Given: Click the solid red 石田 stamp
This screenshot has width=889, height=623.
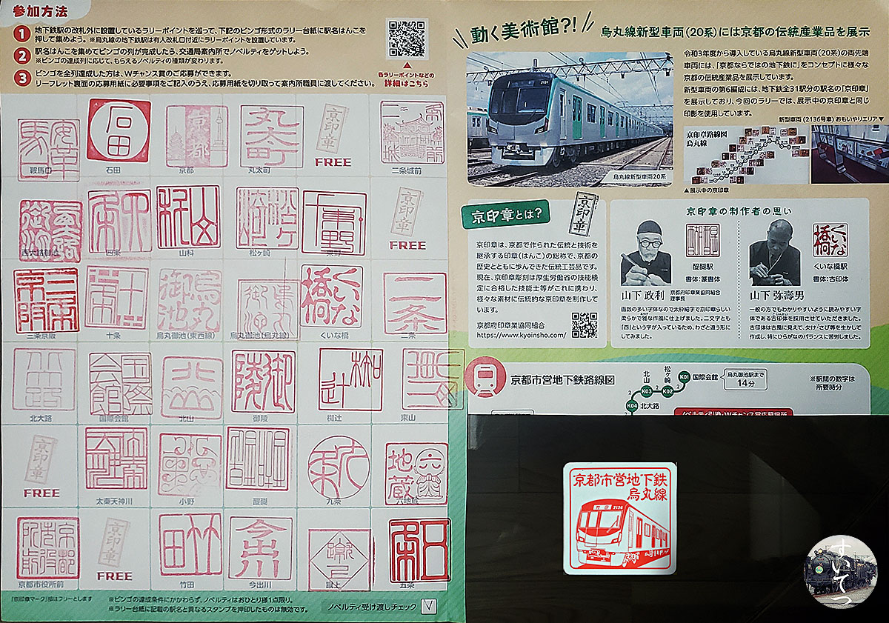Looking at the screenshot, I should [x=119, y=130].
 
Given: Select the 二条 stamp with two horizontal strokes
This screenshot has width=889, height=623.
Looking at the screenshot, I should [x=415, y=303].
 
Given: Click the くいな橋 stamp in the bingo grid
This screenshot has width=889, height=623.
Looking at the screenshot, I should [x=331, y=296].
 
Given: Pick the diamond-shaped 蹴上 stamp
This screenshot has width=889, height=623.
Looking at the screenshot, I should [x=339, y=559].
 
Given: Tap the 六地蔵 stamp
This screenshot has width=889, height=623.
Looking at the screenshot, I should [x=416, y=473].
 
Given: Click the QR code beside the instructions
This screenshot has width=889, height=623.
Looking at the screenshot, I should [x=407, y=39].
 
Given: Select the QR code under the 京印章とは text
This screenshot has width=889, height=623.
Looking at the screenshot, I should [x=585, y=325].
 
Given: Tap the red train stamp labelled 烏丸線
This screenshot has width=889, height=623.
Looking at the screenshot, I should [x=620, y=519].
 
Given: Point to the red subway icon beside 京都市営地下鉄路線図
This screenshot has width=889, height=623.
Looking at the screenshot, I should [x=483, y=380].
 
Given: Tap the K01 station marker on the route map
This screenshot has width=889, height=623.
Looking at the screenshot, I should [x=684, y=377].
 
